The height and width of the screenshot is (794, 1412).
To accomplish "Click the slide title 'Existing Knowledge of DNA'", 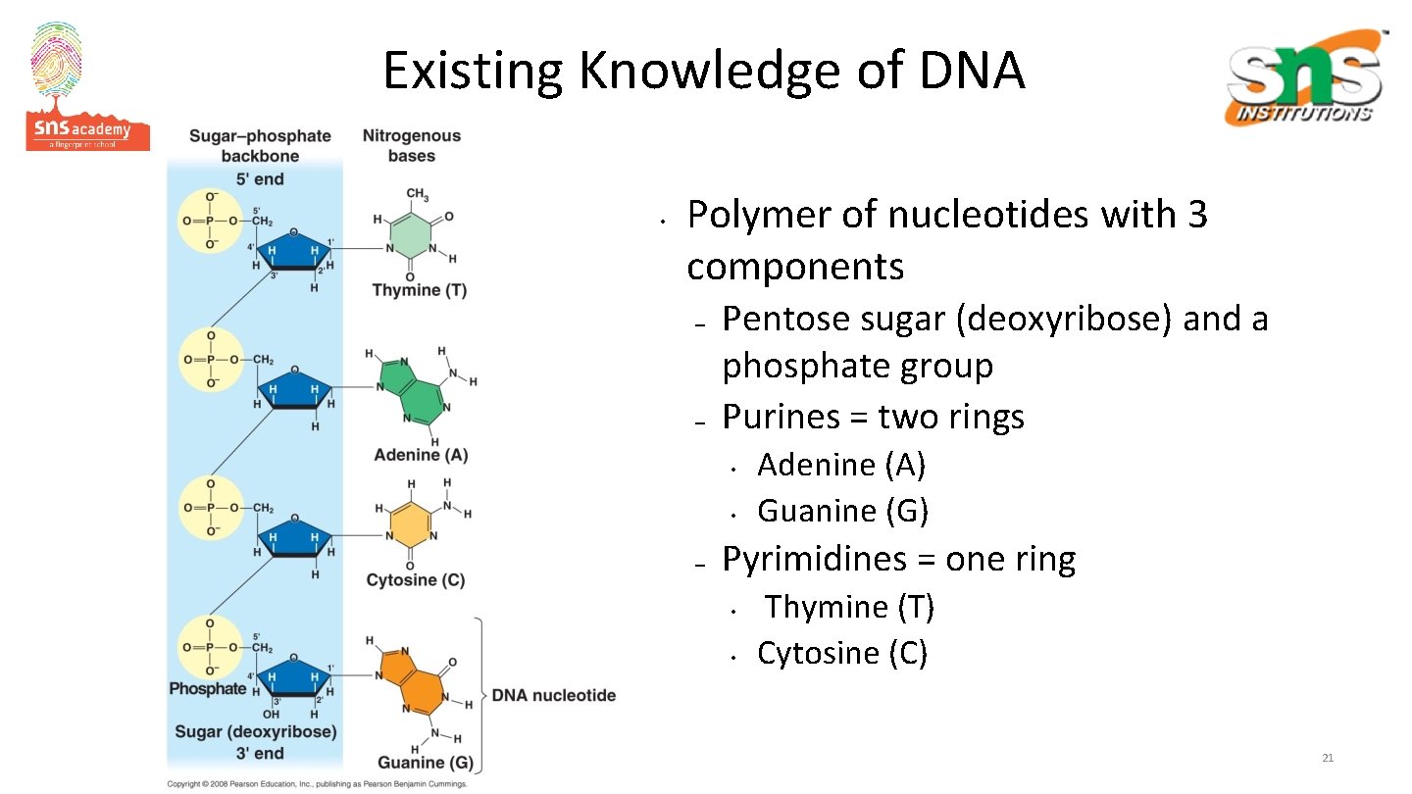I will pos(703,71).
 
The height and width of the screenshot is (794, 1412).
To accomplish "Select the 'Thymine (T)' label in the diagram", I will pos(419,290).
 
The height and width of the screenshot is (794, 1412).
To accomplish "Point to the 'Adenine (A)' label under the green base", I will pos(421,455).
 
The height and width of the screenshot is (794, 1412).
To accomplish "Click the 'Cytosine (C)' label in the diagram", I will pos(415,580).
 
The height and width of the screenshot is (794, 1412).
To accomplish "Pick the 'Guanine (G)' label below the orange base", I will pos(425,763).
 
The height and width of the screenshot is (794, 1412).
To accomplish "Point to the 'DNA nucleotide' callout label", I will pos(553,695).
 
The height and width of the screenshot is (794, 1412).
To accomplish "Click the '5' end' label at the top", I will pos(259,178).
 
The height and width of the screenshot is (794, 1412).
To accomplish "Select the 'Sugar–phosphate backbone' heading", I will pos(260,145).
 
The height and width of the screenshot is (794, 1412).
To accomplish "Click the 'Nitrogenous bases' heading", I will pos(411,145).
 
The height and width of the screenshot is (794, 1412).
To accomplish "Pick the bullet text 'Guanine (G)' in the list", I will pos(842,511).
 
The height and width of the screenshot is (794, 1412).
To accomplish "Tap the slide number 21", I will pos(1328,758).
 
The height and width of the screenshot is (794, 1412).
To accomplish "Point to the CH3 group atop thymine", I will pos(417,195).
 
